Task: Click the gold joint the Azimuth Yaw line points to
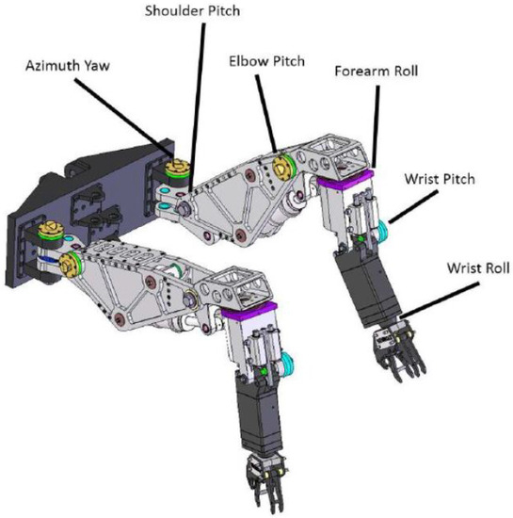174,171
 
